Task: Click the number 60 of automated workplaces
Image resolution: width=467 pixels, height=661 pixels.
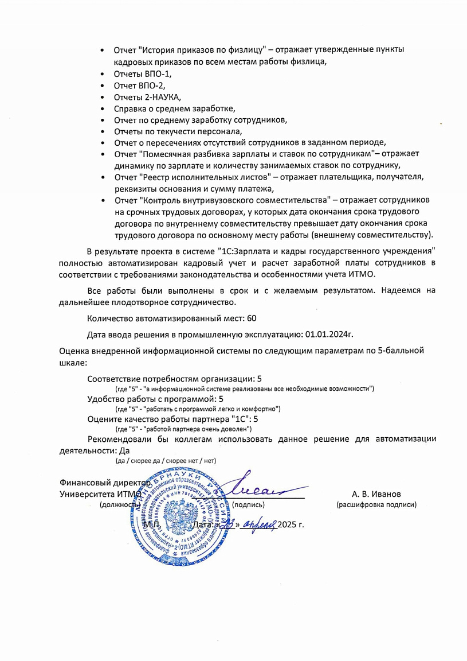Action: [x=252, y=318]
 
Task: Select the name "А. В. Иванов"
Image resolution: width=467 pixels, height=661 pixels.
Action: [x=376, y=494]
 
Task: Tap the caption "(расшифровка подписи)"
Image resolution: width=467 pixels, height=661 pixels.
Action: [x=376, y=505]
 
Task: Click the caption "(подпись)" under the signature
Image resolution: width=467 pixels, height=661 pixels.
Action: [x=248, y=505]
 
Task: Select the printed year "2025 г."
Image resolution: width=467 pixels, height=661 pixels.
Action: [x=291, y=525]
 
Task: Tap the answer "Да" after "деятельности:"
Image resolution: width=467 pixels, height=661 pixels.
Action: [x=121, y=450]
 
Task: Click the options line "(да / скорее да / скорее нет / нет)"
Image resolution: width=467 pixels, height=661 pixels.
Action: [x=166, y=460]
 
